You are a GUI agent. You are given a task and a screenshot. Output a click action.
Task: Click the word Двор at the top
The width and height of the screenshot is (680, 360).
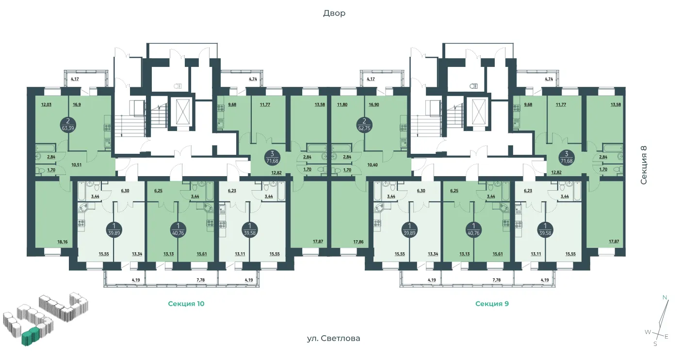(334, 13)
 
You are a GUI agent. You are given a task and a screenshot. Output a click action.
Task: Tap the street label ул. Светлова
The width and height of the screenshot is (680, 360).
(333, 338)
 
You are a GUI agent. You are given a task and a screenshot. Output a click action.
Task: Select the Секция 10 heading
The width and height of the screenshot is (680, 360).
(186, 304)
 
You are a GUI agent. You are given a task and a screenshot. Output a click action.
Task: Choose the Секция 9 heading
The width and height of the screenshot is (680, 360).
(492, 304)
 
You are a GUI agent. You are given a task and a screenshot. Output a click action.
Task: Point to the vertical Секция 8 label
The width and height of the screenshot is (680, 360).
(644, 165)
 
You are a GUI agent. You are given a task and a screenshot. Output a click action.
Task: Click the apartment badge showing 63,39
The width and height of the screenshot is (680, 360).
(68, 125)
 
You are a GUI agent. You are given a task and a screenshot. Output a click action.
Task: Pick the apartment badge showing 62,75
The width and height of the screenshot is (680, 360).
(364, 125)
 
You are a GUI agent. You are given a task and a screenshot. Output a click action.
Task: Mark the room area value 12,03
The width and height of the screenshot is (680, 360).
(46, 105)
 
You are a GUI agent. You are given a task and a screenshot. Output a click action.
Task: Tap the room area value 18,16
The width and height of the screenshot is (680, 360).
(62, 242)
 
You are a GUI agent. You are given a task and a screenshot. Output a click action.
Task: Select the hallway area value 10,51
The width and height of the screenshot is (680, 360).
(76, 165)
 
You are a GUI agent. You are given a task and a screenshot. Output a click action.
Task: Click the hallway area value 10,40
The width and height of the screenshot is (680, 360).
(372, 165)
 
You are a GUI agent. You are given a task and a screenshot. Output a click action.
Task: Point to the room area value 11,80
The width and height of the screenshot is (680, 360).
(342, 105)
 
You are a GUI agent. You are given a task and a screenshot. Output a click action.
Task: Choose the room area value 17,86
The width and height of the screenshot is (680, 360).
(358, 242)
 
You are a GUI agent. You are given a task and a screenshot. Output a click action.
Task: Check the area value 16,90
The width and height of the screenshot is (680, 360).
(373, 105)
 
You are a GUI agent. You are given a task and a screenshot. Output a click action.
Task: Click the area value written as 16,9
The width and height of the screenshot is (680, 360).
(77, 105)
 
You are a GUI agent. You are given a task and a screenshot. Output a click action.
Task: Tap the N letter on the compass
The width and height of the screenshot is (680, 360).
(664, 297)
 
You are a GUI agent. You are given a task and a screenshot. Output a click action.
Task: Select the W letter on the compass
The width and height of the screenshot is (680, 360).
(648, 332)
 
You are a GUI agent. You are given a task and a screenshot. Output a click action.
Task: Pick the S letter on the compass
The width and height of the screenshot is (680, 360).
(655, 344)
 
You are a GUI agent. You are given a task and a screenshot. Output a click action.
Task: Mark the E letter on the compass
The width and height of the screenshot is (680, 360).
(666, 337)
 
